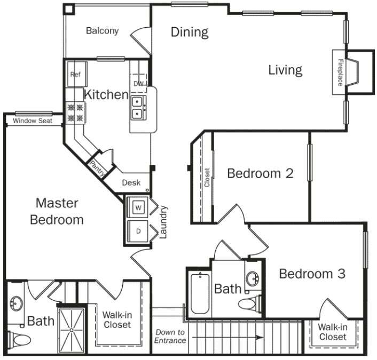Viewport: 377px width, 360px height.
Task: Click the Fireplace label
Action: pyautogui.click(x=340, y=73)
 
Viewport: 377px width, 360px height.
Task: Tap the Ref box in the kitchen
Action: pyautogui.click(x=75, y=75)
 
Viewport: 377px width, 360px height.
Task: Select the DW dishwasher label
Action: pyautogui.click(x=138, y=84)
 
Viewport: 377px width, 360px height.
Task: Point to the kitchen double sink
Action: pyautogui.click(x=138, y=106)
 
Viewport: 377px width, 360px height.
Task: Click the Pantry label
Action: pyautogui.click(x=98, y=167)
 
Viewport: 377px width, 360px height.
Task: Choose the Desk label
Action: pyautogui.click(x=131, y=183)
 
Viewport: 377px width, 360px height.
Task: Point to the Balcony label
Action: pyautogui.click(x=102, y=31)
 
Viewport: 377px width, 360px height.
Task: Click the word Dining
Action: pyautogui.click(x=189, y=32)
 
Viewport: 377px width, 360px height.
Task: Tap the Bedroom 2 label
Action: pyautogui.click(x=260, y=173)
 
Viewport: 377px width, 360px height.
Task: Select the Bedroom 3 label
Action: pyautogui.click(x=312, y=274)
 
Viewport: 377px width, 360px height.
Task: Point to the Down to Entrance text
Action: pyautogui.click(x=170, y=336)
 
